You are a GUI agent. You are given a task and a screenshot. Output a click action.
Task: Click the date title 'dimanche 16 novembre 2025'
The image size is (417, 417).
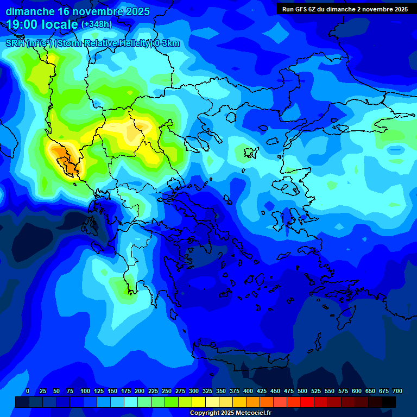click(x=78, y=11)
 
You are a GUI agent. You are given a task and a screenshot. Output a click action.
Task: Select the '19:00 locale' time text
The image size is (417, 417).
click(x=42, y=24)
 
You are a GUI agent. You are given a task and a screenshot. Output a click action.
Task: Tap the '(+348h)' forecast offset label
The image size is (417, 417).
click(x=96, y=24)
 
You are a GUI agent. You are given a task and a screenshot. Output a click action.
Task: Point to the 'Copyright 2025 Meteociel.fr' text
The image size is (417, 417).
click(x=230, y=413)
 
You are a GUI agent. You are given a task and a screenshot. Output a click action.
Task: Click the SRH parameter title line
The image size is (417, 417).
click(x=92, y=43)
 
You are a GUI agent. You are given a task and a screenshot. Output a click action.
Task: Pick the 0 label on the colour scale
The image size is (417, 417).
click(x=28, y=391)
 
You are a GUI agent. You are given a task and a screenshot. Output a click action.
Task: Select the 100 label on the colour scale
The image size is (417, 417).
click(x=85, y=391)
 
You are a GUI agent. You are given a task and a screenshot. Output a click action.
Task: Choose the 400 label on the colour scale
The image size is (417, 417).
click(x=248, y=391)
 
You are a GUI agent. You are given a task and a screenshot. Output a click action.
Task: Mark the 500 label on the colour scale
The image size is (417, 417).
click(x=302, y=391)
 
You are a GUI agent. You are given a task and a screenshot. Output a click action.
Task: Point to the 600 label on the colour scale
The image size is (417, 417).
click(x=357, y=391)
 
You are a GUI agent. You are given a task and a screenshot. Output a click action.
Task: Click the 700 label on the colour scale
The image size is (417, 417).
click(x=397, y=391)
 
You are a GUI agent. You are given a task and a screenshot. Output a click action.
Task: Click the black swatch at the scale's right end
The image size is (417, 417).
click(x=389, y=402)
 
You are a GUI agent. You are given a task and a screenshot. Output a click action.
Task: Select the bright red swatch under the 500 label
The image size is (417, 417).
click(x=307, y=402)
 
